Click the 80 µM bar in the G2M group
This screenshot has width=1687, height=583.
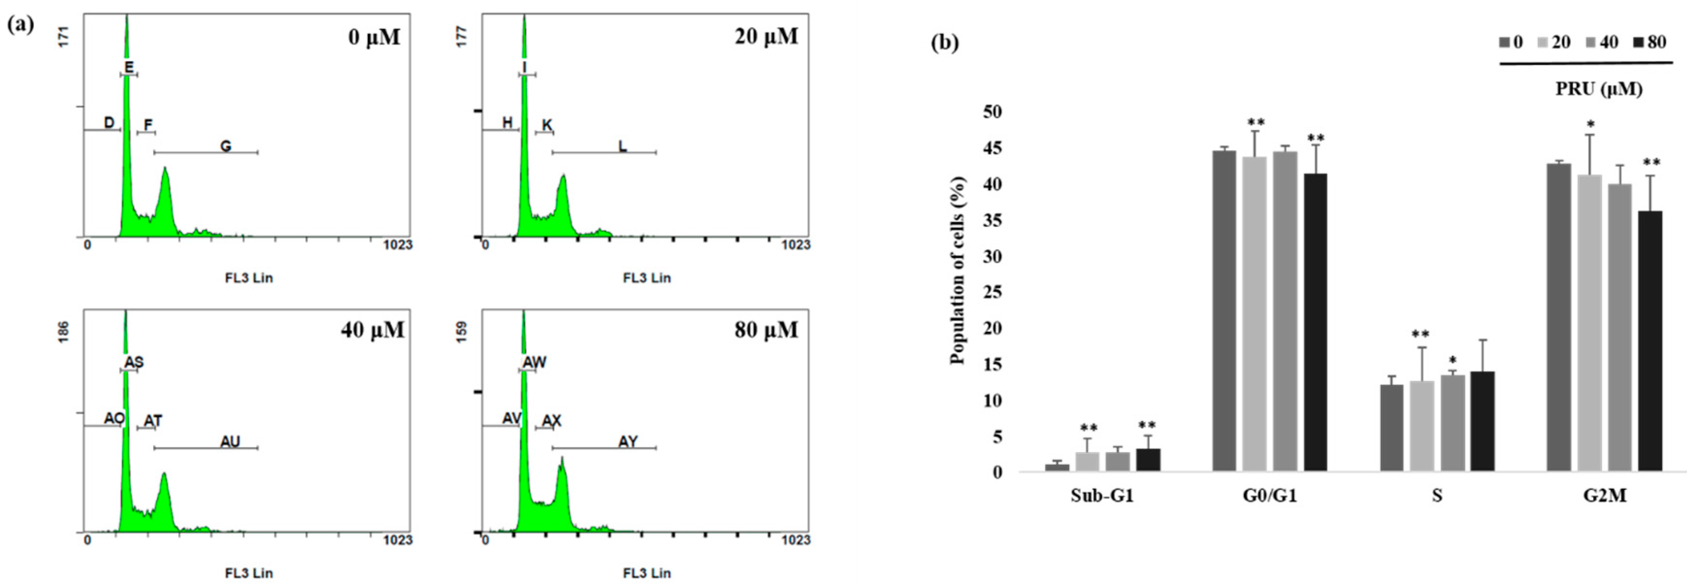point(1650,340)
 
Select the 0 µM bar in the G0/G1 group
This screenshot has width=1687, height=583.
point(1224,311)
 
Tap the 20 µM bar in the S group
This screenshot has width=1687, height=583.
point(1422,426)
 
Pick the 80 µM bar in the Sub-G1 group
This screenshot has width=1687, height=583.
point(1148,459)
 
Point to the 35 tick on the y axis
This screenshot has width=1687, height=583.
point(992,221)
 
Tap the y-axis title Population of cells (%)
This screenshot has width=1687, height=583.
point(957,270)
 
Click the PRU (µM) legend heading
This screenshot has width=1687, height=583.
point(1599,89)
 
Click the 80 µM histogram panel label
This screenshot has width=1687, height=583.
point(766,330)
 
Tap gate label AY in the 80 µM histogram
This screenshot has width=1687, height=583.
point(627,442)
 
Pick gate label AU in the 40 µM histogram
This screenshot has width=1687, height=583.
point(230,442)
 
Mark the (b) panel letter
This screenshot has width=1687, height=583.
point(944,43)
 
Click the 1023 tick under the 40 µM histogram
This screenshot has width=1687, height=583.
point(397,540)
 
